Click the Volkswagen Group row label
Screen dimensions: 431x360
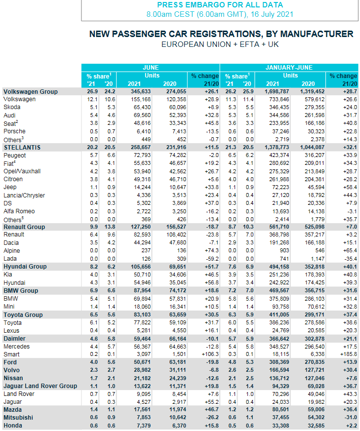(31, 91)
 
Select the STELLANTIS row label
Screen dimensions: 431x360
(22, 147)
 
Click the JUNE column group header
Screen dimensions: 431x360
(150, 68)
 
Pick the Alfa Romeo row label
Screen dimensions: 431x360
(19, 211)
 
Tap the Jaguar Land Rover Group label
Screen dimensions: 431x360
(40, 386)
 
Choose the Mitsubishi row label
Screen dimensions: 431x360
(19, 418)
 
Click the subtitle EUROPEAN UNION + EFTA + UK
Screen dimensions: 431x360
(221, 44)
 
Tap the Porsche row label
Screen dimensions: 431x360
(15, 131)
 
